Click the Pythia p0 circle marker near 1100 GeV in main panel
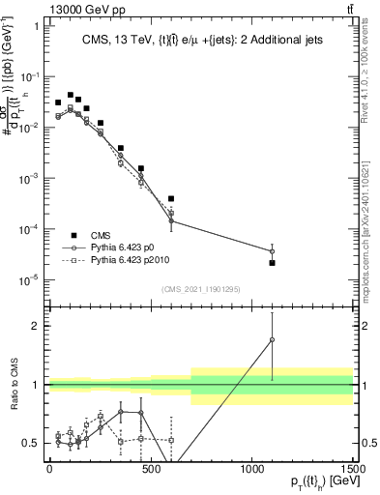click(272, 251)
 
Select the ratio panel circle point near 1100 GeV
click(272, 339)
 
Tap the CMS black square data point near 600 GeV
click(171, 198)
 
